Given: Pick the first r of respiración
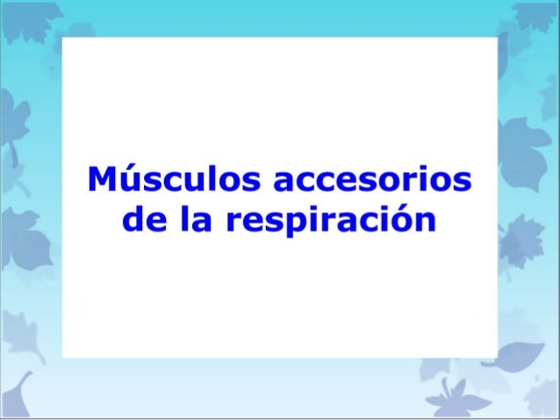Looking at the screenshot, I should (236, 220).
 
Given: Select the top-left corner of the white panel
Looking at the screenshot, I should (63, 38).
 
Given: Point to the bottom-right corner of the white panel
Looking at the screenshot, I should (497, 357).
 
